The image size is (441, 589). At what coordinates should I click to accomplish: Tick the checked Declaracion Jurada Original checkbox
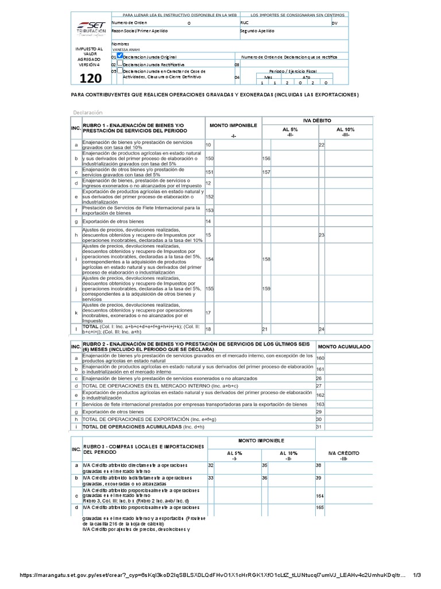coord(119,56)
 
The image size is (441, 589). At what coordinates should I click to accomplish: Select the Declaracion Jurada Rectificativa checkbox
coord(119,65)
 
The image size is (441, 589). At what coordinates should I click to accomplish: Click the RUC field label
coord(245,23)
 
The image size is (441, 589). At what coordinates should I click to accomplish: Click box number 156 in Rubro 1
coord(266,158)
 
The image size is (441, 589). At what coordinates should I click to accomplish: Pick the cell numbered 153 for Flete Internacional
coord(210,211)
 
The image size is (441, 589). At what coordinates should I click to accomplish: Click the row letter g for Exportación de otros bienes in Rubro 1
coord(76,221)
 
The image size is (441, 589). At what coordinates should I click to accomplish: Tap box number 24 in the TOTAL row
coord(322,329)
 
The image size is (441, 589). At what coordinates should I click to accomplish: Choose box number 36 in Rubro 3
coord(265,477)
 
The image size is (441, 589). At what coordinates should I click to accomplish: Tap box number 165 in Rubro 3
coord(320,507)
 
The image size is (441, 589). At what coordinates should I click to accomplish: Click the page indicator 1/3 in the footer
coord(417,575)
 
